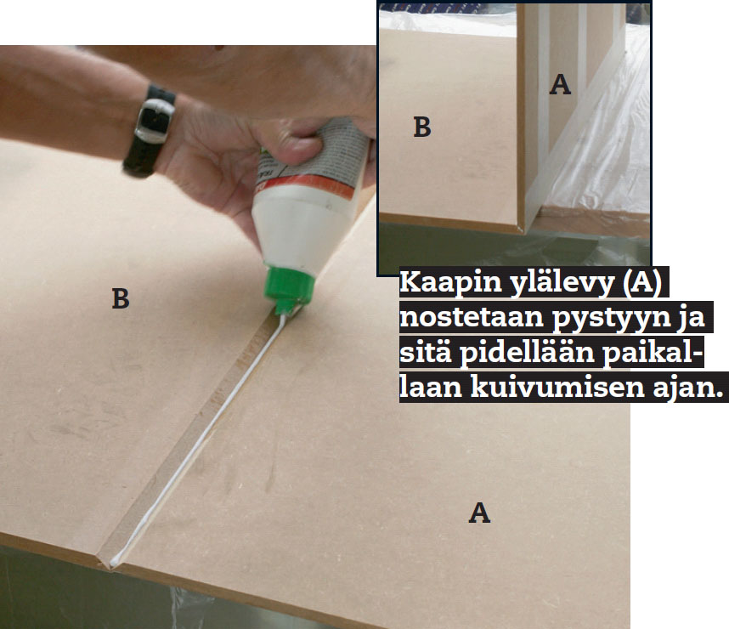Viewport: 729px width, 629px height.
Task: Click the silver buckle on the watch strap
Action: coord(155,121)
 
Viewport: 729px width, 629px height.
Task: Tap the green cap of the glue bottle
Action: coord(288,288)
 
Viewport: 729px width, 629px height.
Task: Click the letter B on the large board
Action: coord(121,298)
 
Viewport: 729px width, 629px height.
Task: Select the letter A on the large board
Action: coord(479,513)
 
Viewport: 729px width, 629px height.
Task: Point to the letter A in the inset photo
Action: coord(560,85)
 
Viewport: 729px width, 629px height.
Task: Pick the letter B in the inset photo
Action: coord(422,127)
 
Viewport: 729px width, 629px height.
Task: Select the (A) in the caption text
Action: coord(642,283)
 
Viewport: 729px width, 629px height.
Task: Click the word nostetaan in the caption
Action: coord(472,318)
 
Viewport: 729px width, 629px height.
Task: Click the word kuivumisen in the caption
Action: coord(557,387)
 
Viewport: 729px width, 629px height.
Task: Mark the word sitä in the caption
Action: coord(426,353)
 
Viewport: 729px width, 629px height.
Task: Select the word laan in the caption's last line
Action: coord(431,387)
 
